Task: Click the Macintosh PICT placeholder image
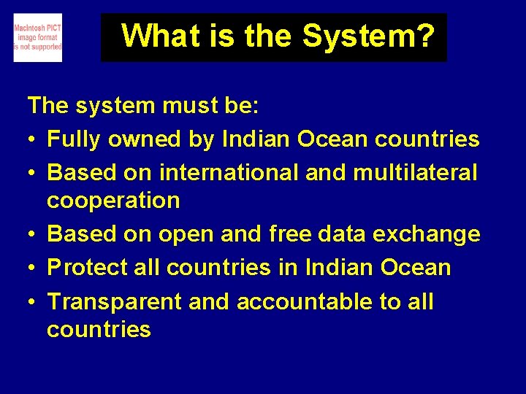(x=37, y=37)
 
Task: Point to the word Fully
(x=72, y=139)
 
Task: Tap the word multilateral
(x=414, y=173)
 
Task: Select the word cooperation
(x=113, y=201)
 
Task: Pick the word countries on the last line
(x=99, y=330)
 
